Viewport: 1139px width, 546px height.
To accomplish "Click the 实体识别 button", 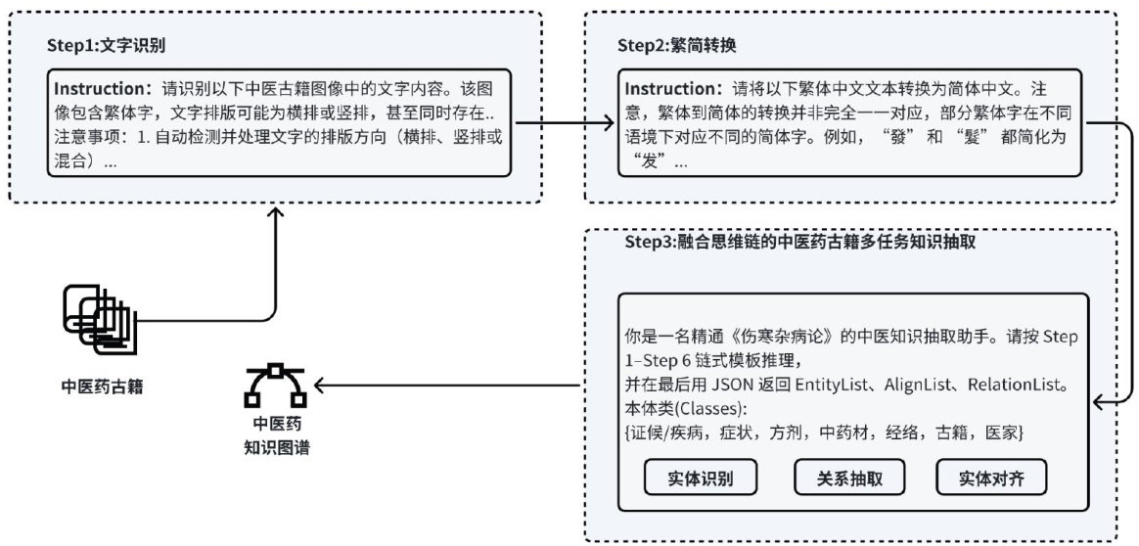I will pyautogui.click(x=701, y=478).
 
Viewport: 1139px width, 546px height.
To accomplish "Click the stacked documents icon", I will pyautogui.click(x=98, y=317).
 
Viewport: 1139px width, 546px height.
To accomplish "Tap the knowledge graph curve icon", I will pyautogui.click(x=275, y=385).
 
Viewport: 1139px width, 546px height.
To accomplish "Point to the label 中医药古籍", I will pyautogui.click(x=98, y=386).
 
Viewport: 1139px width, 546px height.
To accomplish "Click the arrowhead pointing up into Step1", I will pyautogui.click(x=274, y=211).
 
